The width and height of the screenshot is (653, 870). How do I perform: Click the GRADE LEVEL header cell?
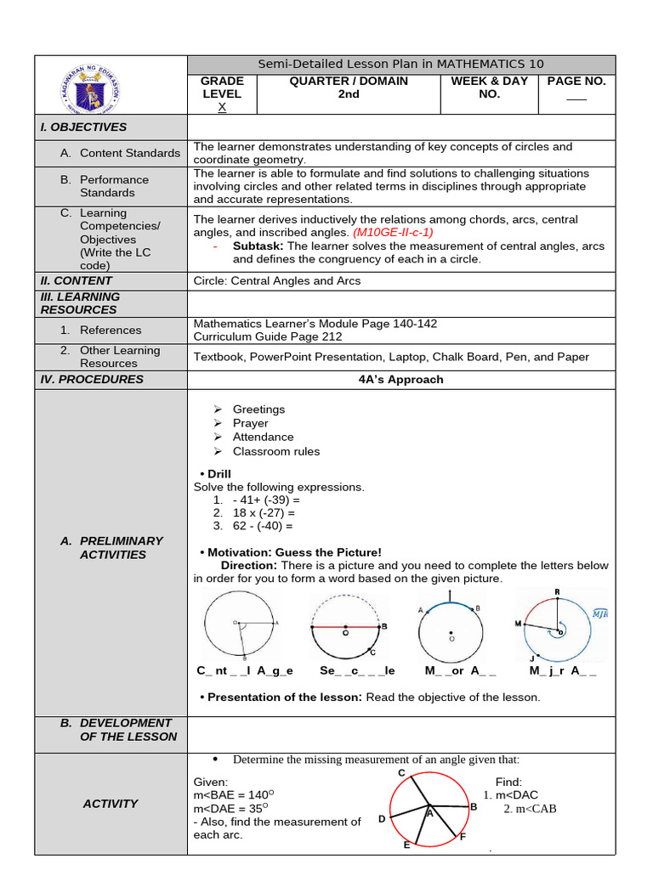222,93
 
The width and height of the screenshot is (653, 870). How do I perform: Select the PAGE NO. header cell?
576,88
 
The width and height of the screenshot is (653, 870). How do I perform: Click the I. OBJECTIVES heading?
83,127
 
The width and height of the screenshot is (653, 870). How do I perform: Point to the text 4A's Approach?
400,380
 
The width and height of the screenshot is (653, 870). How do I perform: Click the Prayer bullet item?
250,423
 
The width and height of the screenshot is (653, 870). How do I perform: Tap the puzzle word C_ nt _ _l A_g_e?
245,670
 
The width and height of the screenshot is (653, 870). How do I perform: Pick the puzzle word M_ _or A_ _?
460,670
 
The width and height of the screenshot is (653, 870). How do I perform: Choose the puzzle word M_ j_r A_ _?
563,670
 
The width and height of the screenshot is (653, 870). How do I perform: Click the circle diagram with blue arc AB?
451,630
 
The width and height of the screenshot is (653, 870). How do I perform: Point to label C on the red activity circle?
401,772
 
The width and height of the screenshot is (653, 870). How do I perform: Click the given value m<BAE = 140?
231,795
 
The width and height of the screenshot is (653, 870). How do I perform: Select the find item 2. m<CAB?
530,809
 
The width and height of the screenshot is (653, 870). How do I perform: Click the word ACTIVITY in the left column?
111,804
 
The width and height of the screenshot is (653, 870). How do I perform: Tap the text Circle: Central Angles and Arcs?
277,280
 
